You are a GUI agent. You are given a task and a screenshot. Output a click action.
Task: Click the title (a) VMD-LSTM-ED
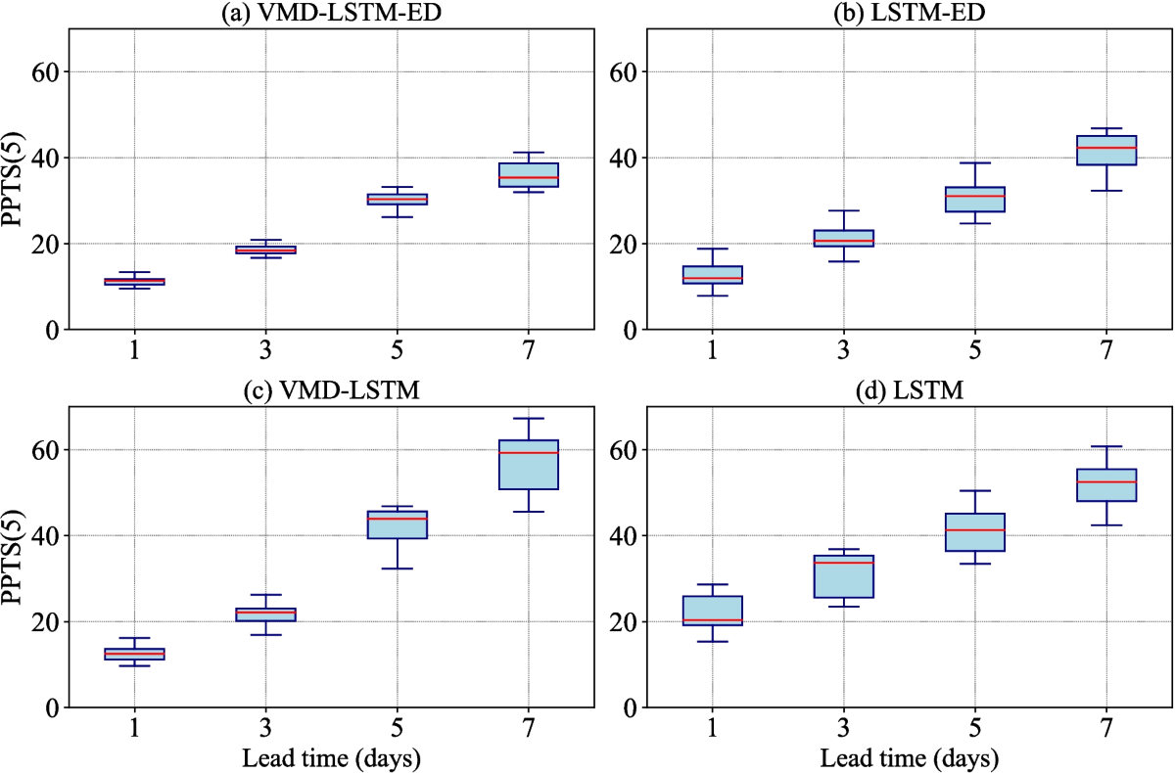[331, 13]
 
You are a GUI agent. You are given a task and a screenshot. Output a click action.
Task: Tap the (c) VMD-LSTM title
[331, 391]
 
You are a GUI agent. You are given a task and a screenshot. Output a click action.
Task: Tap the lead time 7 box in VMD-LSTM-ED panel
[529, 175]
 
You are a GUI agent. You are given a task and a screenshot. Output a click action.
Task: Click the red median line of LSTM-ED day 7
[1105, 148]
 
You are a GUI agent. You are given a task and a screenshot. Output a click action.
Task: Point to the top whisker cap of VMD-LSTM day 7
[529, 419]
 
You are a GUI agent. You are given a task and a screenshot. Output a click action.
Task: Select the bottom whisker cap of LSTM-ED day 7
[1105, 191]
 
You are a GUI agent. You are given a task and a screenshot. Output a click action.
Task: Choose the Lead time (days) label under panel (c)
[331, 758]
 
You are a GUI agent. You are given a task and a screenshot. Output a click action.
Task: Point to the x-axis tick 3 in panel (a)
[266, 349]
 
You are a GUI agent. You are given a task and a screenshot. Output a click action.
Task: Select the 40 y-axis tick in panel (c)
[46, 536]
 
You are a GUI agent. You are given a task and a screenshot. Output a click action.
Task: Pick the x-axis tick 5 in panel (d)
[974, 728]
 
